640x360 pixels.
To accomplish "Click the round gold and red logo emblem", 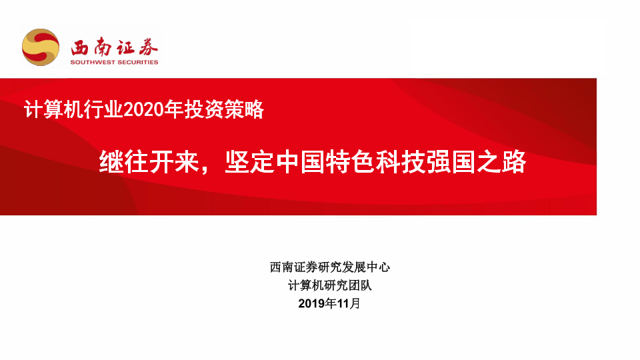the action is click(41, 47).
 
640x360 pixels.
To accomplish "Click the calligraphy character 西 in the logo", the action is click(79, 48).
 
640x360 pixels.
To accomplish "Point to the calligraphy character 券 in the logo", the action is click(149, 48).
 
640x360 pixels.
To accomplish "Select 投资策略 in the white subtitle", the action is click(224, 109).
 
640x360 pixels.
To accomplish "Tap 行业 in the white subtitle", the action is click(103, 109).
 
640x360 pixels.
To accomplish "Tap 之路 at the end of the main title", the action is click(501, 162).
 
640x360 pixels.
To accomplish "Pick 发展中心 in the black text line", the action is click(366, 267).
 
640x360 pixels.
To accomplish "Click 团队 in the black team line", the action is click(360, 285).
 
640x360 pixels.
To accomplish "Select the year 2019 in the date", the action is click(311, 304).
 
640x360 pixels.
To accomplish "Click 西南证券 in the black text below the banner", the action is click(294, 267).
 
